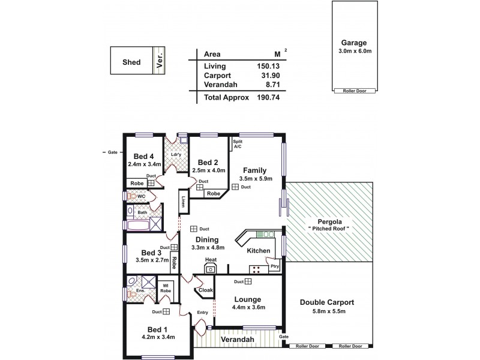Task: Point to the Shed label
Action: click(x=131, y=61)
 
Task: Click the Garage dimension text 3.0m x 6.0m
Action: click(x=354, y=52)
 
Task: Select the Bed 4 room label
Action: click(x=144, y=155)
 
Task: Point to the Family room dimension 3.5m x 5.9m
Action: click(x=256, y=178)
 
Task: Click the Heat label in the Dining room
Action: click(x=210, y=260)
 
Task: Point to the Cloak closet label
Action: click(x=206, y=290)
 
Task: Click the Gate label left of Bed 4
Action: click(x=112, y=152)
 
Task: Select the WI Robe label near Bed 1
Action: click(x=165, y=287)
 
